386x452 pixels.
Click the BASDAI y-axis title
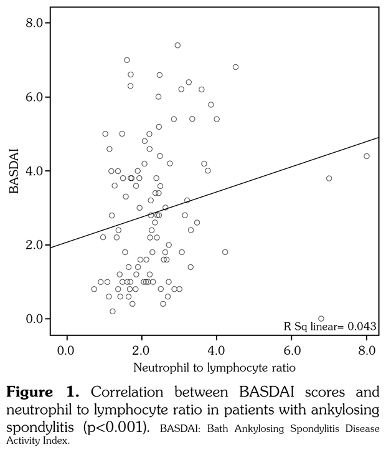tap(12, 171)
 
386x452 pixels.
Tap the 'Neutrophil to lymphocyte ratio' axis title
tap(214, 368)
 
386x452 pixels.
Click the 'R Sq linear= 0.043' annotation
tap(330, 325)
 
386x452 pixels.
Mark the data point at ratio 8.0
tap(367, 156)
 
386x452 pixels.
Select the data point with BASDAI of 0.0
tap(321, 319)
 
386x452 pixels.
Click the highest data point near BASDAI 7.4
tap(177, 46)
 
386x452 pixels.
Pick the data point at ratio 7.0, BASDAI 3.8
tap(329, 178)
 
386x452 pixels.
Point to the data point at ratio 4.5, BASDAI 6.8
tap(235, 67)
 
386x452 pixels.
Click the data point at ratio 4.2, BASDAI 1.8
tap(225, 252)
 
